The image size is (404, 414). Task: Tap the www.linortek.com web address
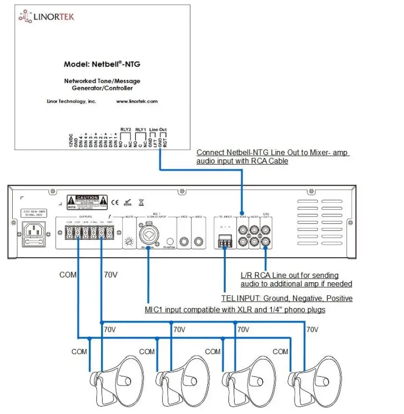click(137, 101)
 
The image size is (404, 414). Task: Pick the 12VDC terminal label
click(70, 140)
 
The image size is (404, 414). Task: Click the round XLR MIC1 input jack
click(148, 233)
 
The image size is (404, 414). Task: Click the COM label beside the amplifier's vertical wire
click(68, 275)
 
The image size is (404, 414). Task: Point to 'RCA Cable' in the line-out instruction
click(272, 161)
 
